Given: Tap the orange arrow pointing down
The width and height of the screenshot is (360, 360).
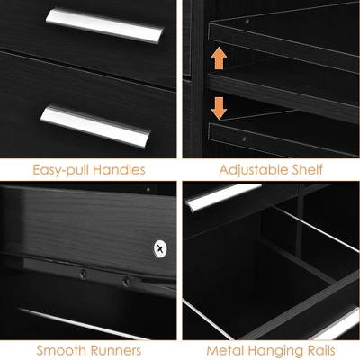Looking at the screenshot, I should point(219,107).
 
